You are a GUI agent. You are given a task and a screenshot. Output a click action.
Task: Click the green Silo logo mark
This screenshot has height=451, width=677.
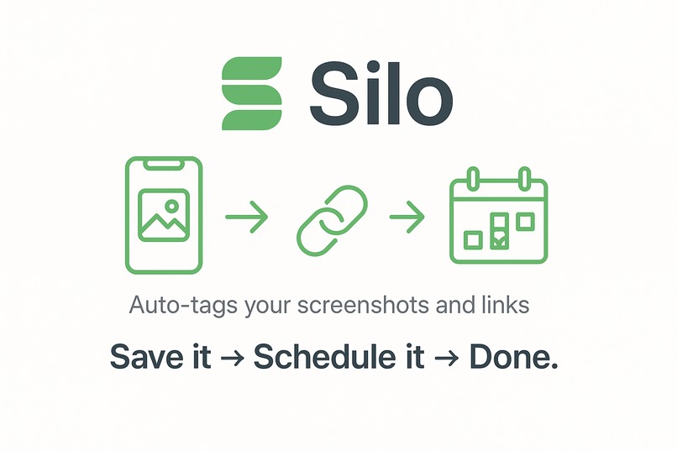point(253,93)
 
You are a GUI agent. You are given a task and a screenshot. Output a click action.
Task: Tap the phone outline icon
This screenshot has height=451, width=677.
point(164,214)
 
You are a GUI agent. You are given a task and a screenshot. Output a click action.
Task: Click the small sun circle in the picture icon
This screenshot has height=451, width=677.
point(171,204)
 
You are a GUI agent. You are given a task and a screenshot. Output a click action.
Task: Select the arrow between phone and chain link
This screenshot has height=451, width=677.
point(247,218)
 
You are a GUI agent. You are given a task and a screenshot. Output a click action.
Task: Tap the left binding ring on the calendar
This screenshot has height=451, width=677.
point(472,179)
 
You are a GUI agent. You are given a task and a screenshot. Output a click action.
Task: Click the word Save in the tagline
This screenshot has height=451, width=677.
point(139,356)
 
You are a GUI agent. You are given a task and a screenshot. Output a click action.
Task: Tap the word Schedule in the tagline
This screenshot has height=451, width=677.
point(323,356)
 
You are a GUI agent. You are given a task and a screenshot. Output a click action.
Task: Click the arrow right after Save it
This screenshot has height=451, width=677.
point(225,358)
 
